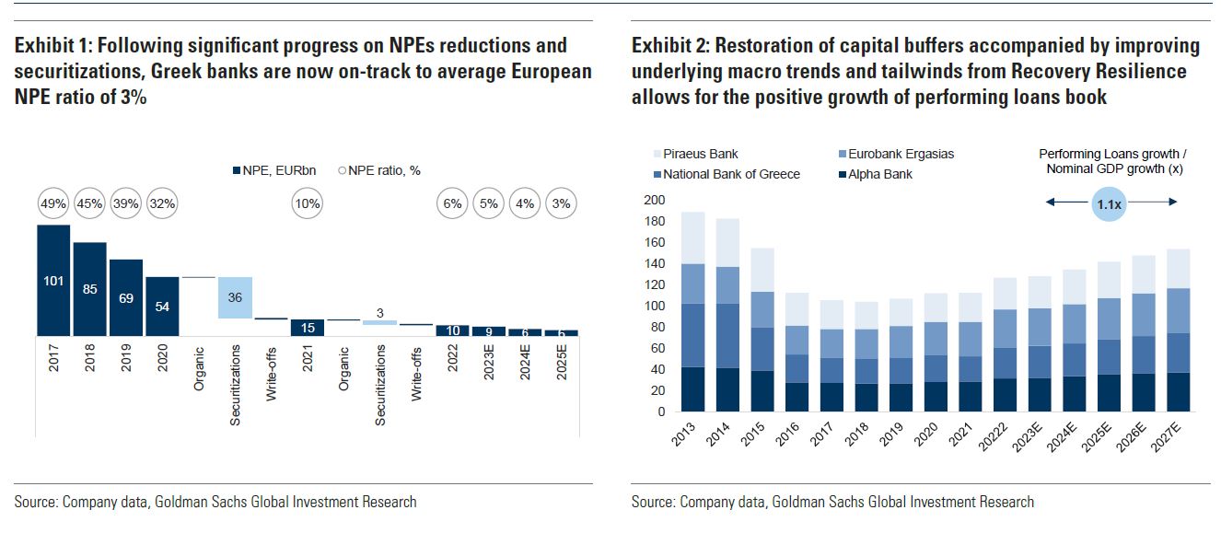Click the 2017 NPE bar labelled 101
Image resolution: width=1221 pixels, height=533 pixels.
click(53, 281)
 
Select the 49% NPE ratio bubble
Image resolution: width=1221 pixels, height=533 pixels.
click(53, 203)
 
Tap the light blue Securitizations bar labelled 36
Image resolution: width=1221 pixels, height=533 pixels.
click(235, 297)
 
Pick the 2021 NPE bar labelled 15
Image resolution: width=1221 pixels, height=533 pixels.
click(308, 328)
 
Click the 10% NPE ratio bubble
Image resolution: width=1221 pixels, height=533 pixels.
click(308, 203)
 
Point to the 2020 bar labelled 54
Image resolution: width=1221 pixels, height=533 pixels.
click(162, 307)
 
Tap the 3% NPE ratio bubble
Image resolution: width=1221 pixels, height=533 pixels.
click(561, 203)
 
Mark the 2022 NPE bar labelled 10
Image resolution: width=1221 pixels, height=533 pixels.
click(452, 330)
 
